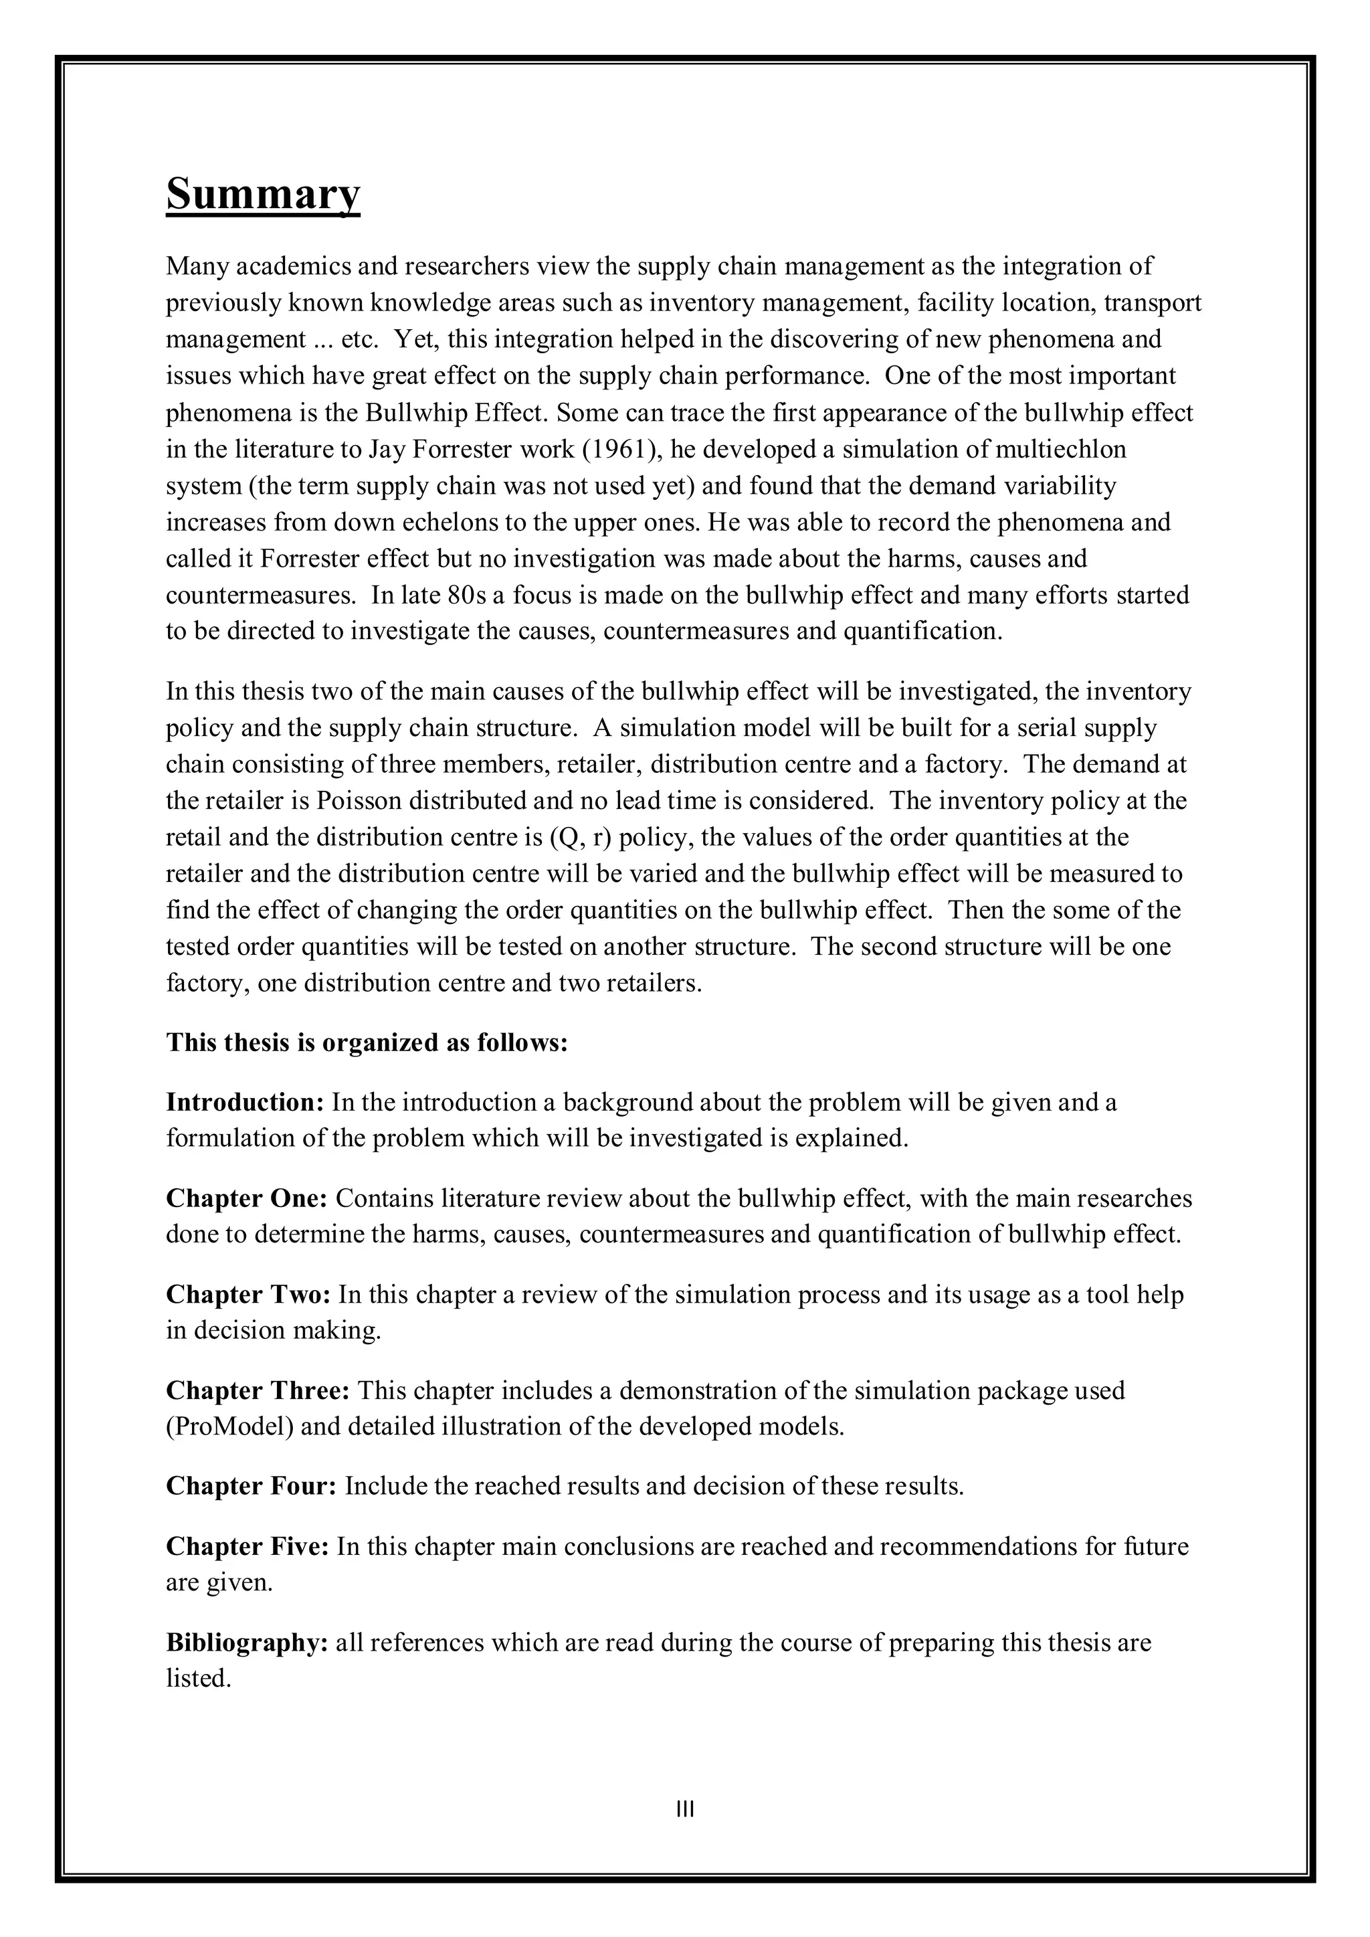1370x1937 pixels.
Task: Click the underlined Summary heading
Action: pos(262,193)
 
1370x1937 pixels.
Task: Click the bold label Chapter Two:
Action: pos(248,1294)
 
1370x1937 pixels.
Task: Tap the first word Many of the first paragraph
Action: pos(197,266)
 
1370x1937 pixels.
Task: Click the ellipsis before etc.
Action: pos(323,340)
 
